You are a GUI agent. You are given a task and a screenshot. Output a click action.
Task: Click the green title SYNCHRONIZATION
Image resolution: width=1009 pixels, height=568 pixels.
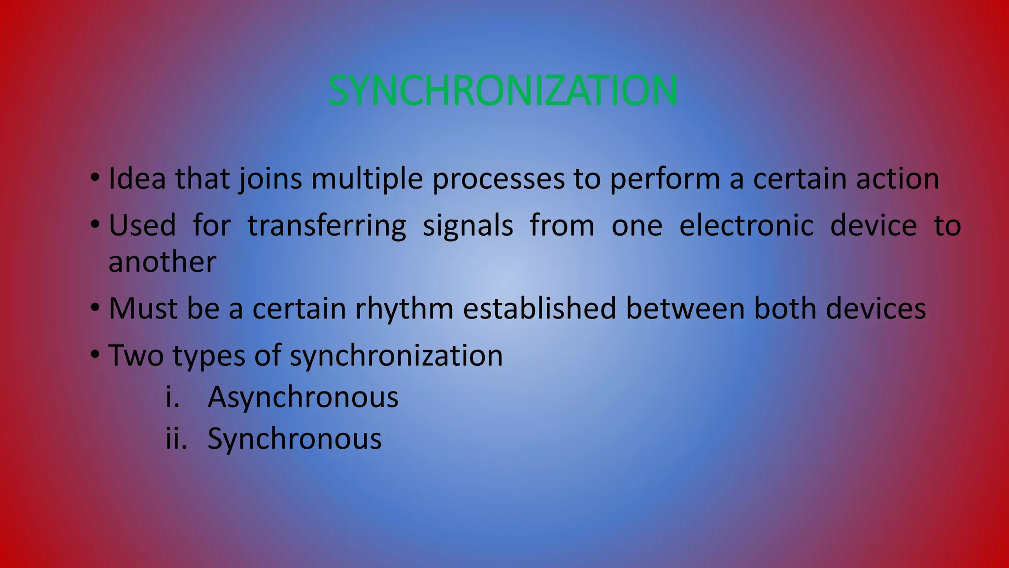coord(503,91)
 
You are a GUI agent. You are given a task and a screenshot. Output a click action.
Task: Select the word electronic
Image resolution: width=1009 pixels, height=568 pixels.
coord(746,226)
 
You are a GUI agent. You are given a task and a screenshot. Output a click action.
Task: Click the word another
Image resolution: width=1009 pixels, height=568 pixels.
coord(162,262)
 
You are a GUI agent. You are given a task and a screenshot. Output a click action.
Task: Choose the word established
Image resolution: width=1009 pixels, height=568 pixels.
coord(539,309)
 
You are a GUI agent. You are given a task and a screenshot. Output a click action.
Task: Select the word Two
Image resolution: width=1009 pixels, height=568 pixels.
coord(135,355)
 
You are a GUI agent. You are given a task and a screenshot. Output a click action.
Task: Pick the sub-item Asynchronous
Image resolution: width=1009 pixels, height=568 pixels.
coord(303,397)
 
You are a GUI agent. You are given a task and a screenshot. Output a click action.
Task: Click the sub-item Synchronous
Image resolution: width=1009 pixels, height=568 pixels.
coord(295,439)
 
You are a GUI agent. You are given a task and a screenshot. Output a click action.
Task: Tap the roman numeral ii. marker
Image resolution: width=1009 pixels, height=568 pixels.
coord(176,439)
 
